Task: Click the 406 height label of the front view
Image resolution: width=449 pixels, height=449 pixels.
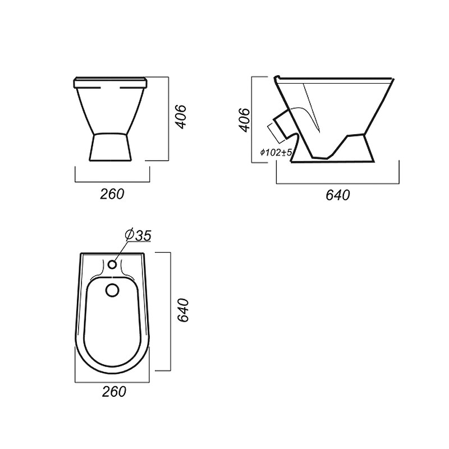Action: (x=181, y=117)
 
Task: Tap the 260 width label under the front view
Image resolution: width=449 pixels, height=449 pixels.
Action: (x=112, y=194)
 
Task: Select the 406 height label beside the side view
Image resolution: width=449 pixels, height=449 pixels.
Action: (x=244, y=120)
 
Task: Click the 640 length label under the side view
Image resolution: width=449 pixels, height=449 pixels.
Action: (x=338, y=195)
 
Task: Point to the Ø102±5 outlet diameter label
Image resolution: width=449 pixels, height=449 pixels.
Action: (x=276, y=152)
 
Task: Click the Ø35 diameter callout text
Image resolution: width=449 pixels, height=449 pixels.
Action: (x=138, y=235)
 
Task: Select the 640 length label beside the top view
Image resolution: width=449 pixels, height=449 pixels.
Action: (x=183, y=310)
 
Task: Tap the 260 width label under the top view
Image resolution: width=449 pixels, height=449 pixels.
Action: (x=114, y=391)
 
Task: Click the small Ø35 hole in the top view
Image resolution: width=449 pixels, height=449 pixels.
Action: (x=112, y=264)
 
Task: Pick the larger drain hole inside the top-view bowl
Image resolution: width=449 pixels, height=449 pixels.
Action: (x=112, y=290)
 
